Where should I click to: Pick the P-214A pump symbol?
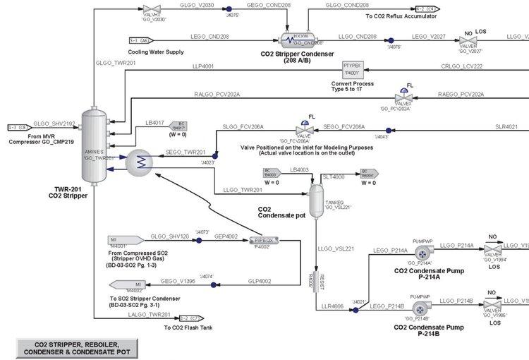click(421, 253)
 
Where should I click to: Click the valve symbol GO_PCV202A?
click(406, 98)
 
